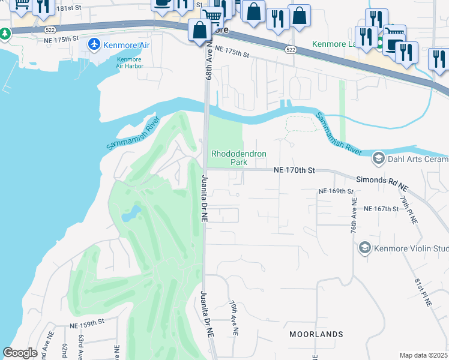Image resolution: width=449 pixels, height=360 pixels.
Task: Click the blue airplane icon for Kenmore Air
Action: tap(94, 44)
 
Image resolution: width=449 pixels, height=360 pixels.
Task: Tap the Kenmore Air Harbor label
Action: tap(129, 63)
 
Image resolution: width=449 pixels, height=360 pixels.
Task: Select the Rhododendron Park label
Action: tap(238, 158)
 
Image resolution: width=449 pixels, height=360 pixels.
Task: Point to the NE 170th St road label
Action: tap(294, 170)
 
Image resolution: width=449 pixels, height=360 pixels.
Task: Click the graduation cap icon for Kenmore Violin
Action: tap(364, 248)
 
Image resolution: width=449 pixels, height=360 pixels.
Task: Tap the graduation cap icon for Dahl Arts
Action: tap(378, 158)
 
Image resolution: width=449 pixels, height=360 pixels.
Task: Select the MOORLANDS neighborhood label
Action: tap(316, 334)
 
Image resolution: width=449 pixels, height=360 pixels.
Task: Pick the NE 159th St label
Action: tap(87, 325)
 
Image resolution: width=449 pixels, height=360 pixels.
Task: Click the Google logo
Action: tap(20, 353)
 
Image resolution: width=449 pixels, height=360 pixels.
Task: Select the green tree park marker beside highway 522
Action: tap(5, 34)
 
